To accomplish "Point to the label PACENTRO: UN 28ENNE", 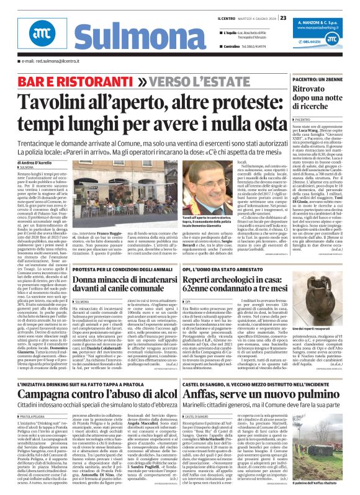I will (306, 79).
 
